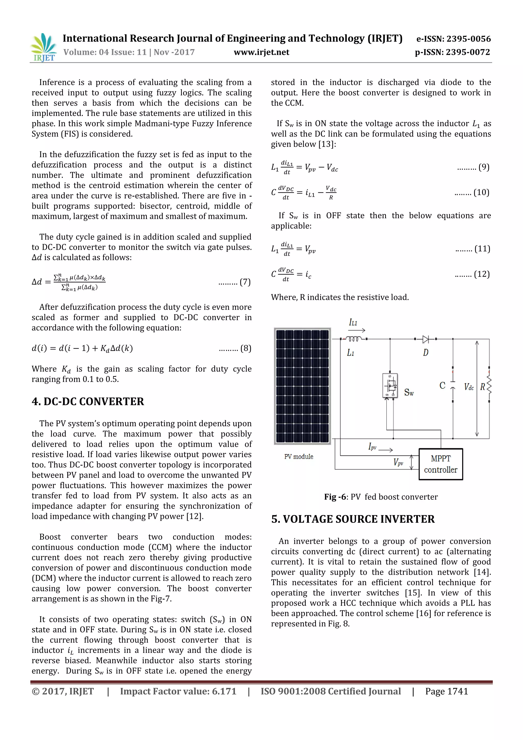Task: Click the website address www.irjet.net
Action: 261,52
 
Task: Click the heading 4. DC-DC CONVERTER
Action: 88,402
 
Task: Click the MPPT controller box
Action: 440,464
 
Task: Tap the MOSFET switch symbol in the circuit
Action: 390,385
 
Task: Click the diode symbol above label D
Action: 425,339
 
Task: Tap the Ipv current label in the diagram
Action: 372,447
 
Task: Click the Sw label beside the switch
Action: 409,393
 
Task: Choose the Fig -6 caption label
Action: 335,497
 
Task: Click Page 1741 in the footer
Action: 446,691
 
